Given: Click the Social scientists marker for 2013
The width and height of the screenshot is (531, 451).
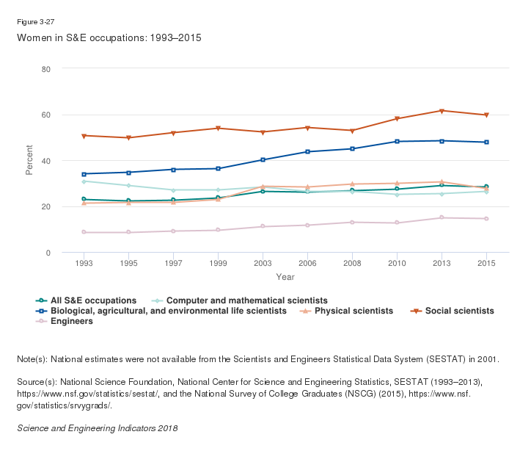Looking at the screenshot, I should pos(442,111).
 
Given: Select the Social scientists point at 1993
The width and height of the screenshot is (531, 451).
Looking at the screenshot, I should pos(84,136).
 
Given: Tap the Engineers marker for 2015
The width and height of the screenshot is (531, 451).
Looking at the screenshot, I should pos(486,219).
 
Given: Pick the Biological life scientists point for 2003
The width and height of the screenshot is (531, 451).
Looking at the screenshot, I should pos(263,159).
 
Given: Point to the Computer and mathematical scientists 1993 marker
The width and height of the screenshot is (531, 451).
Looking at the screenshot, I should pos(84,181).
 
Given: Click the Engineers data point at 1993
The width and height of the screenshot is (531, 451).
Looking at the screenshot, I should pos(84,232).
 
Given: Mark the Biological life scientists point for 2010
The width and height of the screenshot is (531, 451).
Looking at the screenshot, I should pos(397,141).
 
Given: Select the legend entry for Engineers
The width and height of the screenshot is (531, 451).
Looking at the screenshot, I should pos(71,322).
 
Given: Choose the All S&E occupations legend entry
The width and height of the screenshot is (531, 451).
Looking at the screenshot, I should pos(93,300).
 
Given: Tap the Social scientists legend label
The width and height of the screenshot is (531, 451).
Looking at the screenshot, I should pos(459,311).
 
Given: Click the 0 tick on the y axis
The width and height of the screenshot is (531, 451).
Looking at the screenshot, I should pos(48,253).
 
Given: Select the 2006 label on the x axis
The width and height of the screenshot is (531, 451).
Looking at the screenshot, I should pos(308,263).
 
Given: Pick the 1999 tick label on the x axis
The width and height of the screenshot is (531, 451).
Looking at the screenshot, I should pos(219,263).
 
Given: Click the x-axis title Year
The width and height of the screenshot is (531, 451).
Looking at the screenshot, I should pos(285,277).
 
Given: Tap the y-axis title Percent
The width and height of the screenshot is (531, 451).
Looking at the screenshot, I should pos(30,161).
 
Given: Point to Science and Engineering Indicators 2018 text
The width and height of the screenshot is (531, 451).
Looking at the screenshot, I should pos(97,427).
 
